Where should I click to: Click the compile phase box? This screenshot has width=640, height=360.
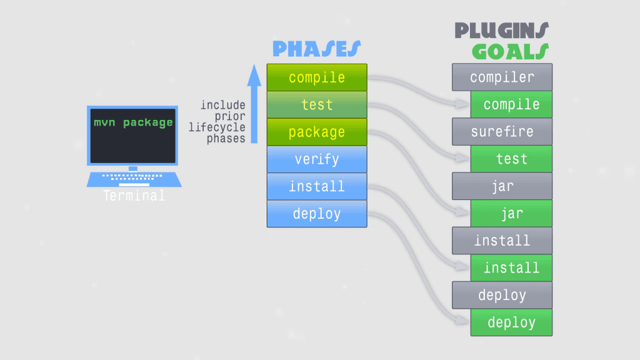point(317,77)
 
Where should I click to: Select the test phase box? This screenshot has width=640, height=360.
point(317,105)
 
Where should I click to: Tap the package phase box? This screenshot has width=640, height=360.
point(317,132)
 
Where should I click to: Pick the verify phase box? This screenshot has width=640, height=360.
point(317,159)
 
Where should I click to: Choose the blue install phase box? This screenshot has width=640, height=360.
point(317,186)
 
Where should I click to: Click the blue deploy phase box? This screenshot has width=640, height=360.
point(317,214)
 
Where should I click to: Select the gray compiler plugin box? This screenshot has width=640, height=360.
point(502,77)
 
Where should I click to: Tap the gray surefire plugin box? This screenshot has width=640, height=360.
point(502,132)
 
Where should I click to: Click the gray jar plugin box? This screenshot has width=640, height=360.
point(502,186)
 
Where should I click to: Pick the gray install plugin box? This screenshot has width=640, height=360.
point(502,241)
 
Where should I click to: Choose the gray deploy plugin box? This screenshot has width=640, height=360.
point(502,295)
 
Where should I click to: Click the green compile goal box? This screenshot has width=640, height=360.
point(511,104)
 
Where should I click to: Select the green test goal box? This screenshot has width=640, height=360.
point(511,159)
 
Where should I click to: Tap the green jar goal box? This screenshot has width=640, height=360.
point(511,214)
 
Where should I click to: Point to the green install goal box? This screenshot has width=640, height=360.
point(511,268)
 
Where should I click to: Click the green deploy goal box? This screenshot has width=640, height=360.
point(511,322)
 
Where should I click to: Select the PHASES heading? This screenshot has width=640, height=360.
point(316,49)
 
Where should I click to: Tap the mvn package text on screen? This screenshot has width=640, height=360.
point(133,122)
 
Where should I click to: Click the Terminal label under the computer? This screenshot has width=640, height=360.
point(134,196)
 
